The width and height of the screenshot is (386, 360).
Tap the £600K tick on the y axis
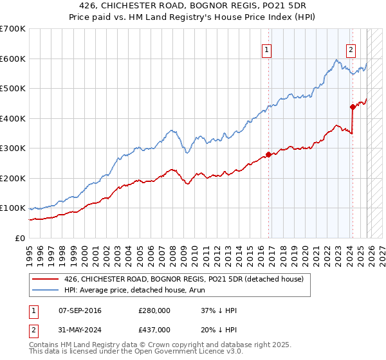pyautogui.click(x=12, y=59)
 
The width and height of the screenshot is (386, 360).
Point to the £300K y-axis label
pyautogui.click(x=12, y=148)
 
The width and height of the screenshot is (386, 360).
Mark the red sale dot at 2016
pyautogui.click(x=268, y=154)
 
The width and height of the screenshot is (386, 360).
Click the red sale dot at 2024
pyautogui.click(x=353, y=107)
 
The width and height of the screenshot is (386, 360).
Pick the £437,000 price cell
pyautogui.click(x=154, y=330)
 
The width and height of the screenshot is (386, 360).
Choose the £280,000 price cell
pyautogui.click(x=154, y=310)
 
